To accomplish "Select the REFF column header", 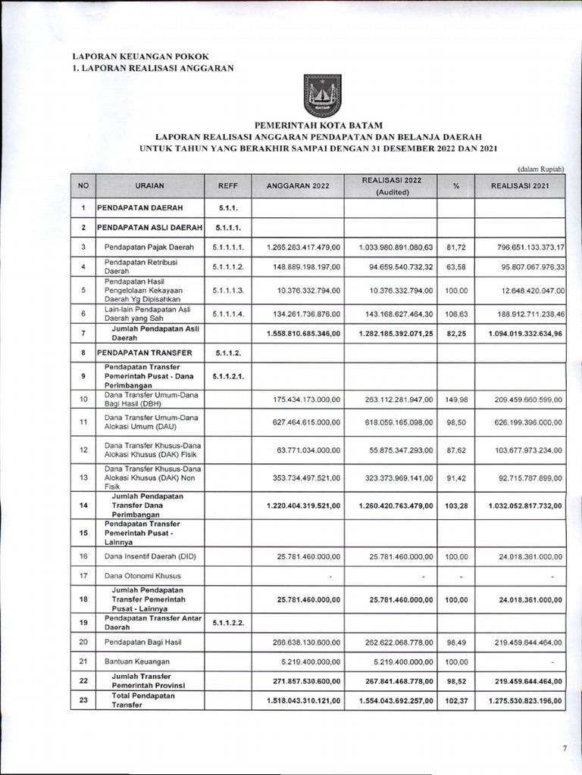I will pyautogui.click(x=228, y=185).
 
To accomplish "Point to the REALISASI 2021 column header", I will pyautogui.click(x=520, y=185).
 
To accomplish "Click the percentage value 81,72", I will pyautogui.click(x=456, y=247).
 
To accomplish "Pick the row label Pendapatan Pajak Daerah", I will pyautogui.click(x=149, y=247).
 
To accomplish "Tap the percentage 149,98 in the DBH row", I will pyautogui.click(x=456, y=400).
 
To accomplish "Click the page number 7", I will pyautogui.click(x=564, y=748).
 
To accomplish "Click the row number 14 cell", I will pyautogui.click(x=83, y=505).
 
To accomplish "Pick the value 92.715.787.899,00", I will pyautogui.click(x=520, y=478).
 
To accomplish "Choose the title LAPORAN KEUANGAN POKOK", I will pyautogui.click(x=139, y=56).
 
